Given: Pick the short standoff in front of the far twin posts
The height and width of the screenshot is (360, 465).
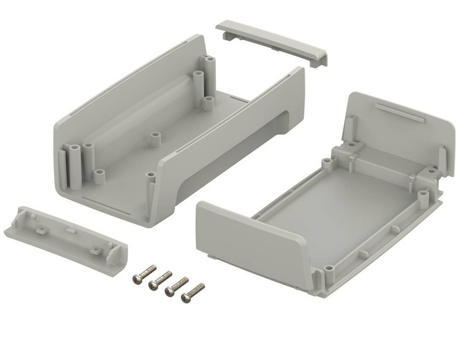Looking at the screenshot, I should [208, 101].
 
